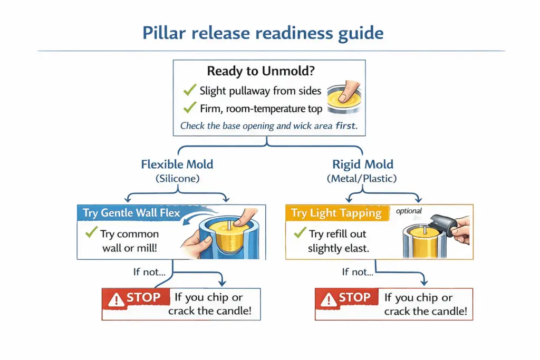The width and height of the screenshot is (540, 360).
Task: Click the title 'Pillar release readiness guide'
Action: click(263, 33)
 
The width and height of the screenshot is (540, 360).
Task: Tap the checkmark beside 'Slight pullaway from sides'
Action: click(189, 91)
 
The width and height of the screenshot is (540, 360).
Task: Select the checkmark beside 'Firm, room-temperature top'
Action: click(189, 109)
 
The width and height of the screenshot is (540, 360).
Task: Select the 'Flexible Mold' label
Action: click(177, 164)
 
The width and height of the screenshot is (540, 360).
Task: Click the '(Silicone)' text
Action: click(177, 179)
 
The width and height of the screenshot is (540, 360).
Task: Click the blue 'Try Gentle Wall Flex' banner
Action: click(131, 213)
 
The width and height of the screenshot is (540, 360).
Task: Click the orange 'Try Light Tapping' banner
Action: click(336, 213)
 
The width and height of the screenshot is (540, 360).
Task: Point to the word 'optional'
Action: click(409, 211)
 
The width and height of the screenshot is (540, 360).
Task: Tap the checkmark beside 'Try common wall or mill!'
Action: click(92, 233)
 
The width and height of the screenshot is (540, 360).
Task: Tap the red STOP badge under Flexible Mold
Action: click(135, 298)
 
